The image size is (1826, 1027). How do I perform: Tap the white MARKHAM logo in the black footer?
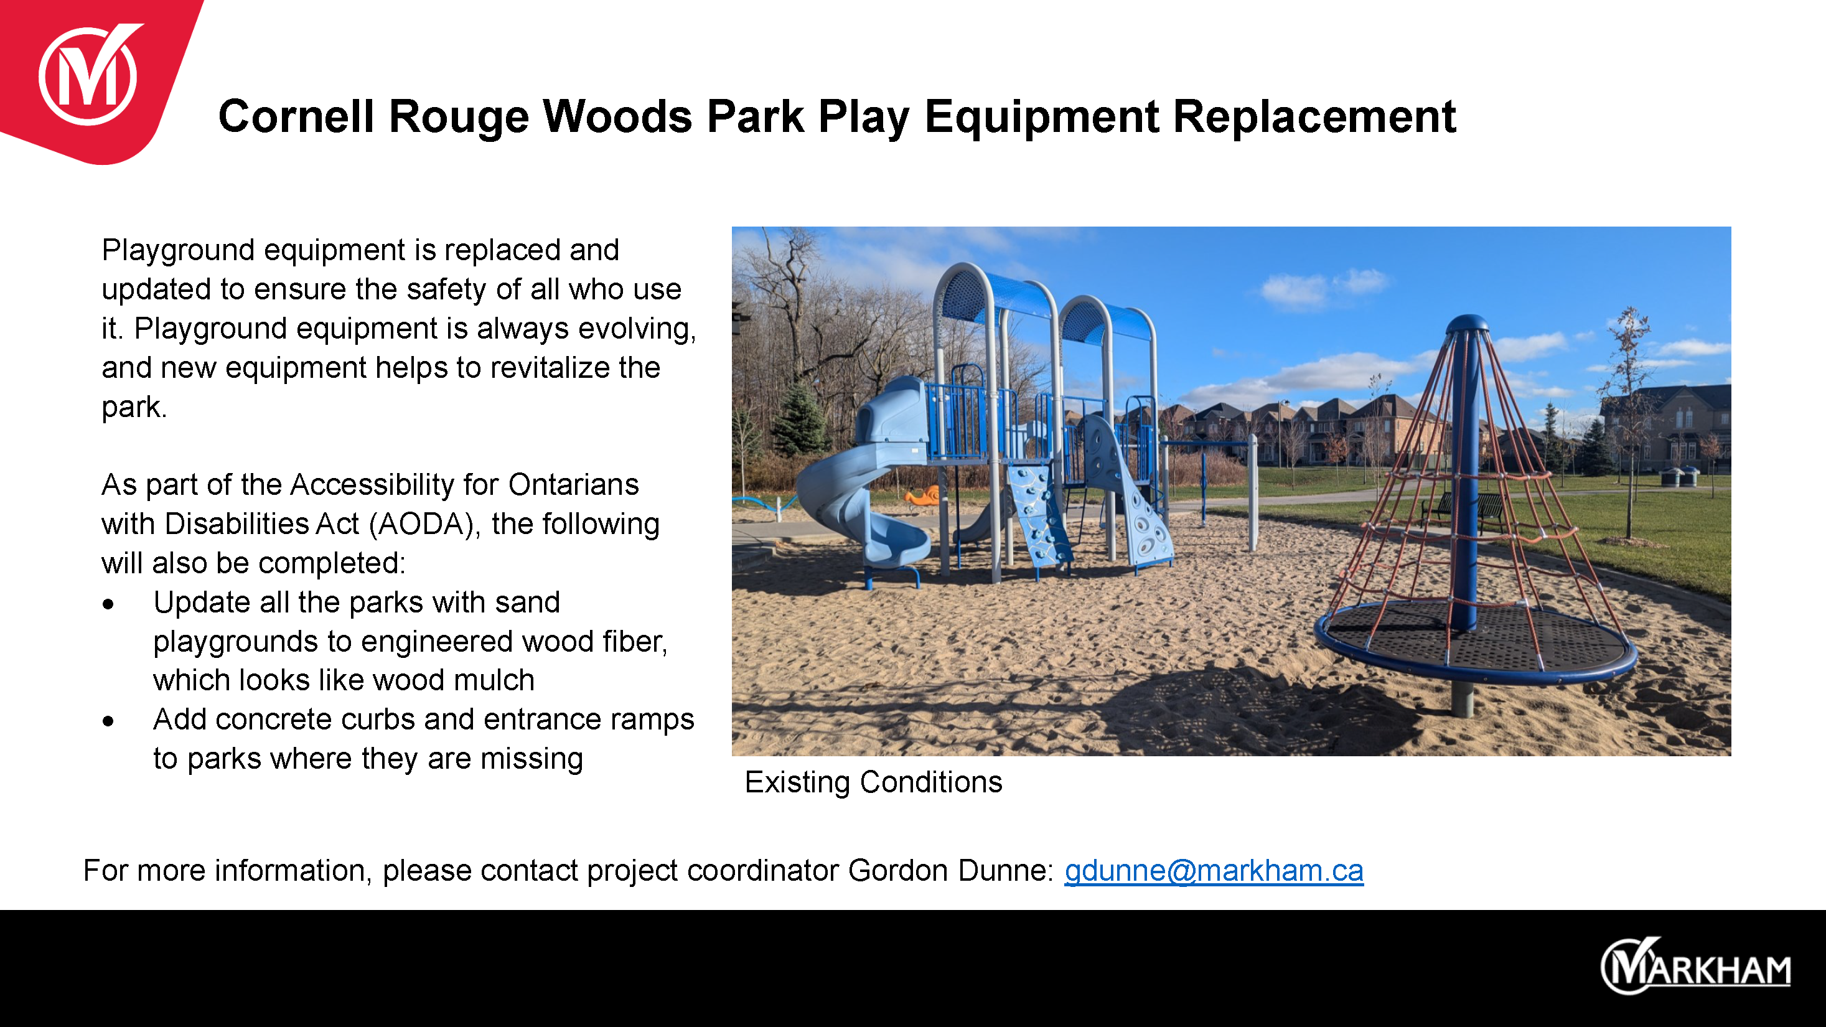1695,966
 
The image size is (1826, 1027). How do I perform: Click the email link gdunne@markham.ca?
1214,870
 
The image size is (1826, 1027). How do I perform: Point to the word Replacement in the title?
1314,117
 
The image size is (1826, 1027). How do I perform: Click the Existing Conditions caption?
873,782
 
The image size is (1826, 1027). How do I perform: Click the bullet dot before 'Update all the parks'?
108,604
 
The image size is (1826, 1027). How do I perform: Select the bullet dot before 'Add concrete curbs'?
108,721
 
